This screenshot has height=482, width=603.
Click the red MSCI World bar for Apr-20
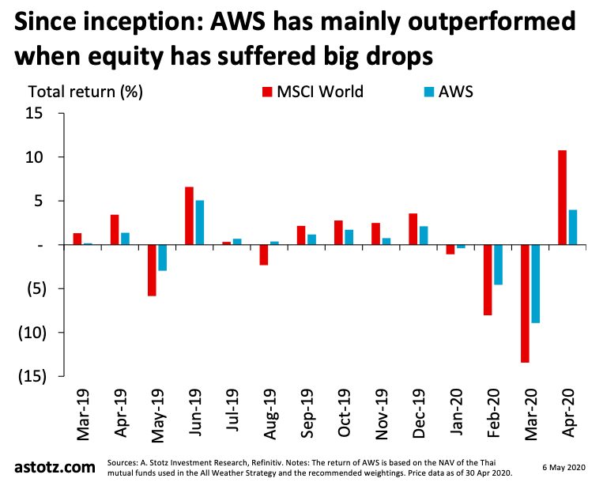(563, 198)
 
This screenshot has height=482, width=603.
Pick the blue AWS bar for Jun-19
(200, 223)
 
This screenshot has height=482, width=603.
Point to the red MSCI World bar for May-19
(152, 270)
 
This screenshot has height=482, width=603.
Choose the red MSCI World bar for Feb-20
(488, 280)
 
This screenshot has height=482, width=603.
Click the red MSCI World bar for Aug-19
(264, 254)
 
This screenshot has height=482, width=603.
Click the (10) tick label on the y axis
(32, 332)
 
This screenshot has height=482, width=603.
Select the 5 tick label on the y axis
(40, 201)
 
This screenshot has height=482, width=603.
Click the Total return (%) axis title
(85, 92)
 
